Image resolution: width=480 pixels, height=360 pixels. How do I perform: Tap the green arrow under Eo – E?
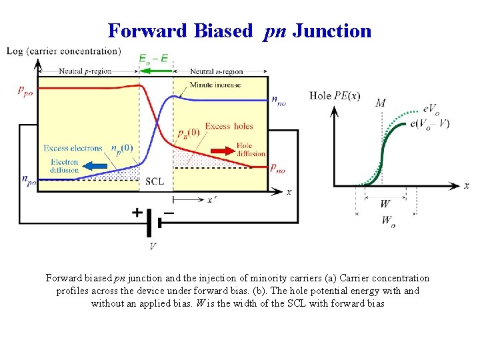tap(155, 70)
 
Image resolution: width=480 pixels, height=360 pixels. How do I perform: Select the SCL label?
tap(155, 181)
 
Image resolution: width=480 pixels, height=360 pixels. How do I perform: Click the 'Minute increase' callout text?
tap(215, 85)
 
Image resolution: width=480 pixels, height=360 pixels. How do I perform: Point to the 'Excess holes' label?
tap(229, 126)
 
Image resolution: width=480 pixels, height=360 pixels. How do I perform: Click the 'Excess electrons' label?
tap(73, 148)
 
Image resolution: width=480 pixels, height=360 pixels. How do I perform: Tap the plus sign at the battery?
tap(137, 213)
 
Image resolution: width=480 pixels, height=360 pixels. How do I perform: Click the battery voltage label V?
tap(153, 246)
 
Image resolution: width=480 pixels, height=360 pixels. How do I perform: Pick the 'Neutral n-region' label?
tap(216, 71)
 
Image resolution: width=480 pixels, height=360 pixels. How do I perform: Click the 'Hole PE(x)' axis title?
tap(335, 96)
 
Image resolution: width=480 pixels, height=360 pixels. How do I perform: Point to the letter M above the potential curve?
tap(380, 103)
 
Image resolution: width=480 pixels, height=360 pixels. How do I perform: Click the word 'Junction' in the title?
tap(332, 31)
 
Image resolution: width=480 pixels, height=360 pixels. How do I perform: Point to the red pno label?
tap(278, 169)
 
